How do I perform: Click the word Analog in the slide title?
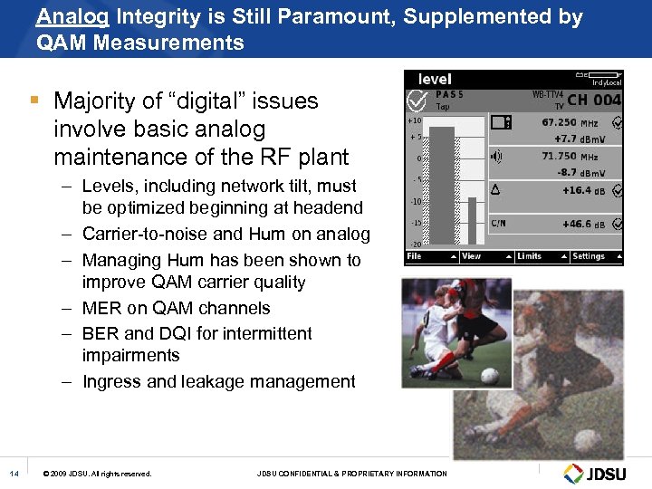click(x=63, y=17)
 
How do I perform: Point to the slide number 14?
click(x=14, y=474)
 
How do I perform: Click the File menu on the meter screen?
click(x=415, y=256)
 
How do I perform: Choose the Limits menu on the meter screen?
click(x=531, y=256)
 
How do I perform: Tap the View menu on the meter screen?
click(x=473, y=256)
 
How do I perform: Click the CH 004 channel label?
click(x=593, y=100)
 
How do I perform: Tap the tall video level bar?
click(x=442, y=186)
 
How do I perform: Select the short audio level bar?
click(x=472, y=221)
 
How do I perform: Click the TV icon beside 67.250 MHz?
click(x=502, y=122)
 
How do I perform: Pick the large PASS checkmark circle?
click(x=418, y=101)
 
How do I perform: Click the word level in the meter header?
click(x=435, y=80)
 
